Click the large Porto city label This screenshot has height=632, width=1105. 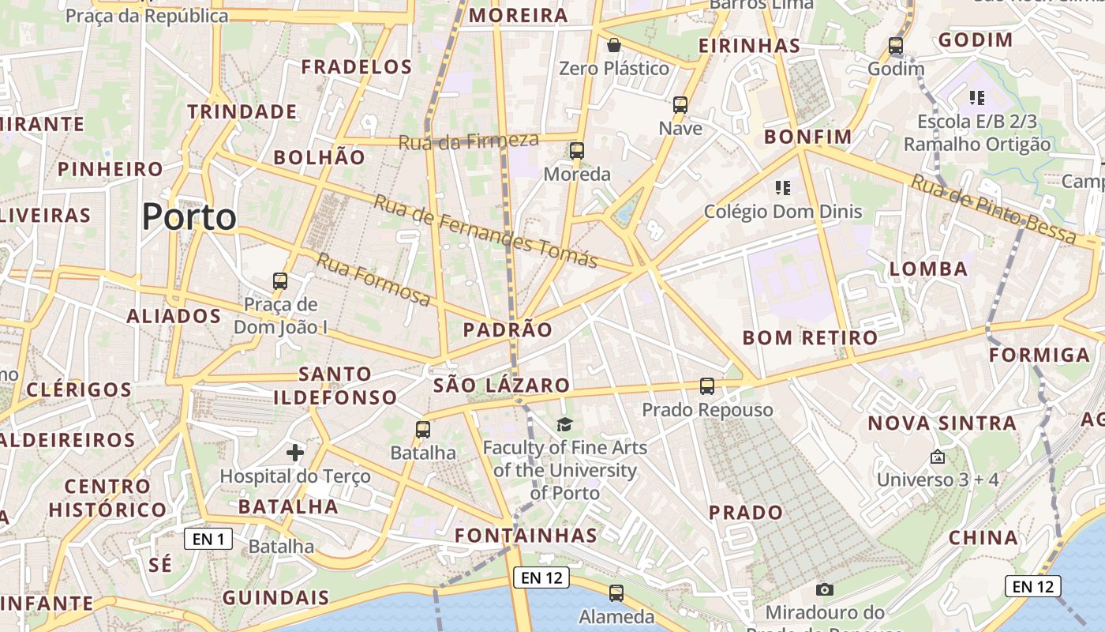pos(189,216)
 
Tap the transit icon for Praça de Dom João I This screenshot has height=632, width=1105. pos(280,280)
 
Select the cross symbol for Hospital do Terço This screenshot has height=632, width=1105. pos(295,453)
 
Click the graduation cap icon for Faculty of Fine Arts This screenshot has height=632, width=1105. pos(564,425)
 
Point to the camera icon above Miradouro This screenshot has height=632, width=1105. pos(825,589)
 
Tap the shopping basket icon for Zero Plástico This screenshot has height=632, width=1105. pos(614,45)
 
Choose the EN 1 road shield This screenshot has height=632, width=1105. pos(208,540)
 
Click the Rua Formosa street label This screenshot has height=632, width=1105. pos(374,279)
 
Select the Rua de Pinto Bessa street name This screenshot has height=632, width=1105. pos(993,209)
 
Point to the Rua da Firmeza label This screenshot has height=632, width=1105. pos(468,141)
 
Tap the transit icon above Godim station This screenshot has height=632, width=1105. pos(896,46)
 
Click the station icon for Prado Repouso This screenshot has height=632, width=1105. pos(707,386)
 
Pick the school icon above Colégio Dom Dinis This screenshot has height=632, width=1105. pos(783,188)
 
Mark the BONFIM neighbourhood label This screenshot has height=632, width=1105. pos(808,137)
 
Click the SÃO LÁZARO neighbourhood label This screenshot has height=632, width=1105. pos(501,386)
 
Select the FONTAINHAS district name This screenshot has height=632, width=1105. pos(526,536)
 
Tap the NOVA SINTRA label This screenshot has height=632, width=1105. pos(942,423)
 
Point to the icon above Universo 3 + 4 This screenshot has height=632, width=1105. pos(938,457)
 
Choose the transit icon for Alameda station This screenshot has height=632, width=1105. pos(616,592)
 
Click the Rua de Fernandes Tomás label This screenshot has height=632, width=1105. pos(485,231)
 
